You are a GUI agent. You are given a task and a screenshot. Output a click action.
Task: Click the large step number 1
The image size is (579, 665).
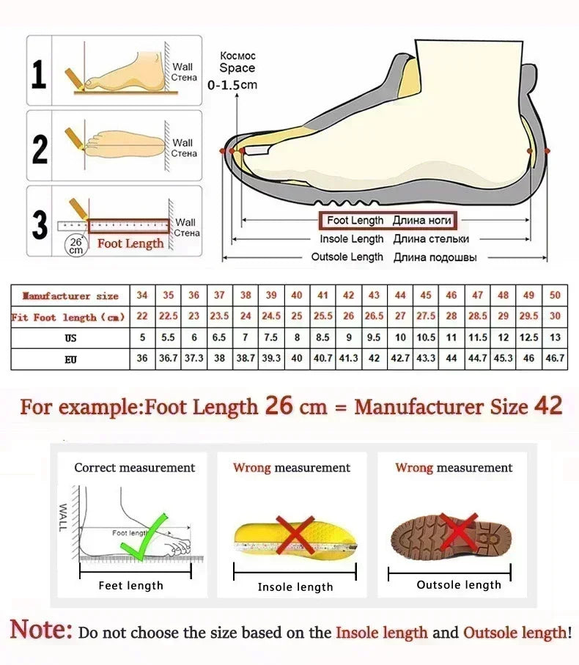point(40,74)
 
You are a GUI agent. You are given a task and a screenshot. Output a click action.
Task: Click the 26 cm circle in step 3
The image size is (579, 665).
point(75,245)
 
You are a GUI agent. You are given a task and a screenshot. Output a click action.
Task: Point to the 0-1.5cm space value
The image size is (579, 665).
point(232,85)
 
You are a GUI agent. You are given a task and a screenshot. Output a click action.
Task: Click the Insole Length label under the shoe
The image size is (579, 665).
point(351,239)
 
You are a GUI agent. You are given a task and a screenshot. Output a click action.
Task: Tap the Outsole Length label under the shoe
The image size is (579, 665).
point(347,257)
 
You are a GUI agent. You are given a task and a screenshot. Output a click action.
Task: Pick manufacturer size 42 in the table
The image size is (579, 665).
point(349,295)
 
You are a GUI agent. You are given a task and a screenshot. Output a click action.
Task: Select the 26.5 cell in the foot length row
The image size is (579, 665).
point(374,316)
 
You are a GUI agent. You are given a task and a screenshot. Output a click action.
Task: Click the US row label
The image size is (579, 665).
point(70,338)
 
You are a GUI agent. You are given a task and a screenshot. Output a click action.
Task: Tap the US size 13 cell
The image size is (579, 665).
point(554,338)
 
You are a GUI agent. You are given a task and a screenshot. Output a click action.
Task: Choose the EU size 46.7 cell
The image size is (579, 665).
point(554,359)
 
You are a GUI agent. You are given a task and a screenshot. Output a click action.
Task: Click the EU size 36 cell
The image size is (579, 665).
point(142,359)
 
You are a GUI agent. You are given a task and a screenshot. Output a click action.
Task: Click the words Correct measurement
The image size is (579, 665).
point(134,468)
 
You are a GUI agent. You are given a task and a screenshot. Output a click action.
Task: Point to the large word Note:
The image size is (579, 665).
point(41,630)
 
